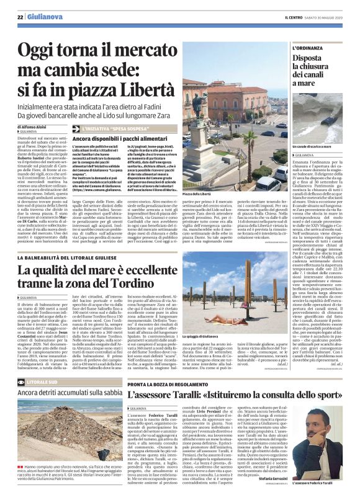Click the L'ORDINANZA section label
point(308,48)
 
